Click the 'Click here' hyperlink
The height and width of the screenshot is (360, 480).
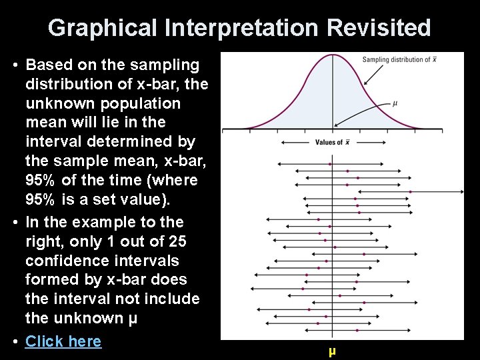point(63,341)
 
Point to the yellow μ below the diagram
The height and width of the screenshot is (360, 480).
point(331,351)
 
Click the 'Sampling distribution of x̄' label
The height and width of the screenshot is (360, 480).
point(399,60)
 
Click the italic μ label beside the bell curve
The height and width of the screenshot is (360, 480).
point(395,103)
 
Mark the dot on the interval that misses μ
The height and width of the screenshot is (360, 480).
point(410,192)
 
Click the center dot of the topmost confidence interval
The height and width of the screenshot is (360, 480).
point(330,163)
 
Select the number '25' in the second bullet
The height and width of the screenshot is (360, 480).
point(177,241)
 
